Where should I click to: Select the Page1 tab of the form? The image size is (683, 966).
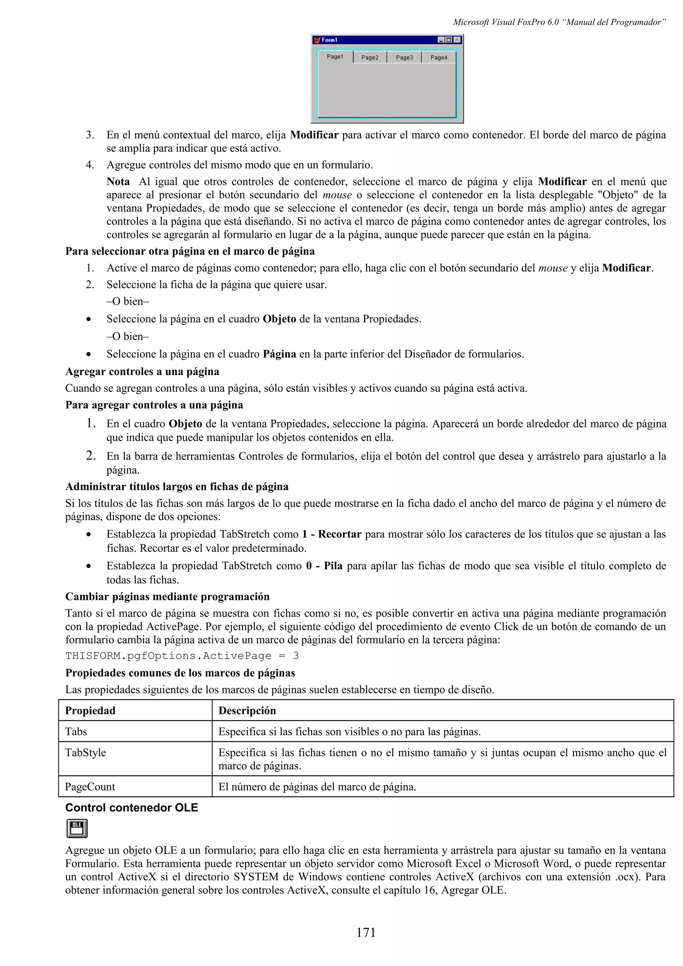(335, 57)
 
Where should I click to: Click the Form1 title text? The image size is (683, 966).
(329, 40)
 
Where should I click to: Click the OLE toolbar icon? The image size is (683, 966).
(77, 828)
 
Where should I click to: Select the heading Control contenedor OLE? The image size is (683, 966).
(131, 807)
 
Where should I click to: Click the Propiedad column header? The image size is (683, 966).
(90, 711)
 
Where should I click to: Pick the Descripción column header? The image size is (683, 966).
(247, 711)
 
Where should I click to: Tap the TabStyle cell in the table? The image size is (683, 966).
(85, 752)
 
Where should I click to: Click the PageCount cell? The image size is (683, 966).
(90, 787)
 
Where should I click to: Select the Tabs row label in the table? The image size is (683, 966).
(76, 732)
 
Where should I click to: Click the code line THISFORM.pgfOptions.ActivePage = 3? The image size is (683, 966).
(182, 655)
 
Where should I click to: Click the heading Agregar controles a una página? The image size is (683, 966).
(142, 372)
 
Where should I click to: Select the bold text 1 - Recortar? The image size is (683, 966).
(331, 534)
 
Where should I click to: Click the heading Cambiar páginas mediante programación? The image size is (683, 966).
(167, 597)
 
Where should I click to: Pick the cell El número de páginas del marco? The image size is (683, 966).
(317, 787)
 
